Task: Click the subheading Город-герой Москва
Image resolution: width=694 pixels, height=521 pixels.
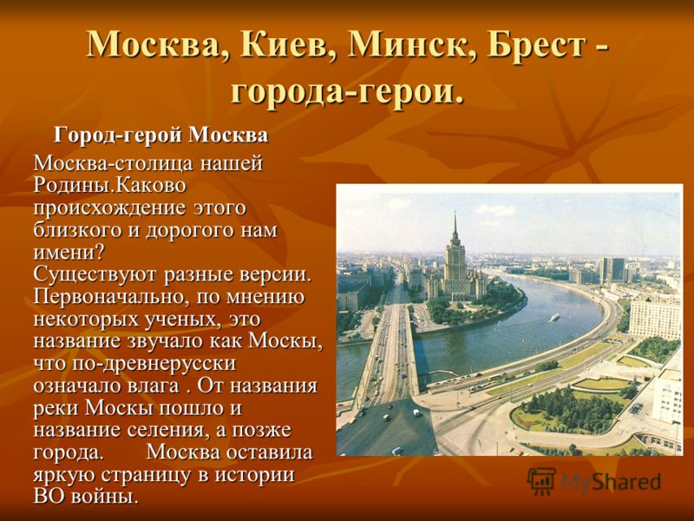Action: coord(161,135)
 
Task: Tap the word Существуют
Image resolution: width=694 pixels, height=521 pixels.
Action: coord(95,275)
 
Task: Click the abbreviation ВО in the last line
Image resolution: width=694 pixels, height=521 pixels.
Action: coord(46,496)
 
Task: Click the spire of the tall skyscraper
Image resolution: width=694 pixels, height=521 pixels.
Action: coord(455,225)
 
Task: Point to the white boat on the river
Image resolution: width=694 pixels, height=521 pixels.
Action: coord(554,317)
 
